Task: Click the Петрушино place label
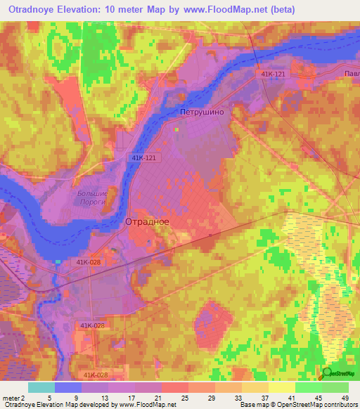[x=202, y=112]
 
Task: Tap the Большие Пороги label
[x=91, y=197]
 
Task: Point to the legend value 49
[x=345, y=397]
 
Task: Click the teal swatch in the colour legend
[x=41, y=387]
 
